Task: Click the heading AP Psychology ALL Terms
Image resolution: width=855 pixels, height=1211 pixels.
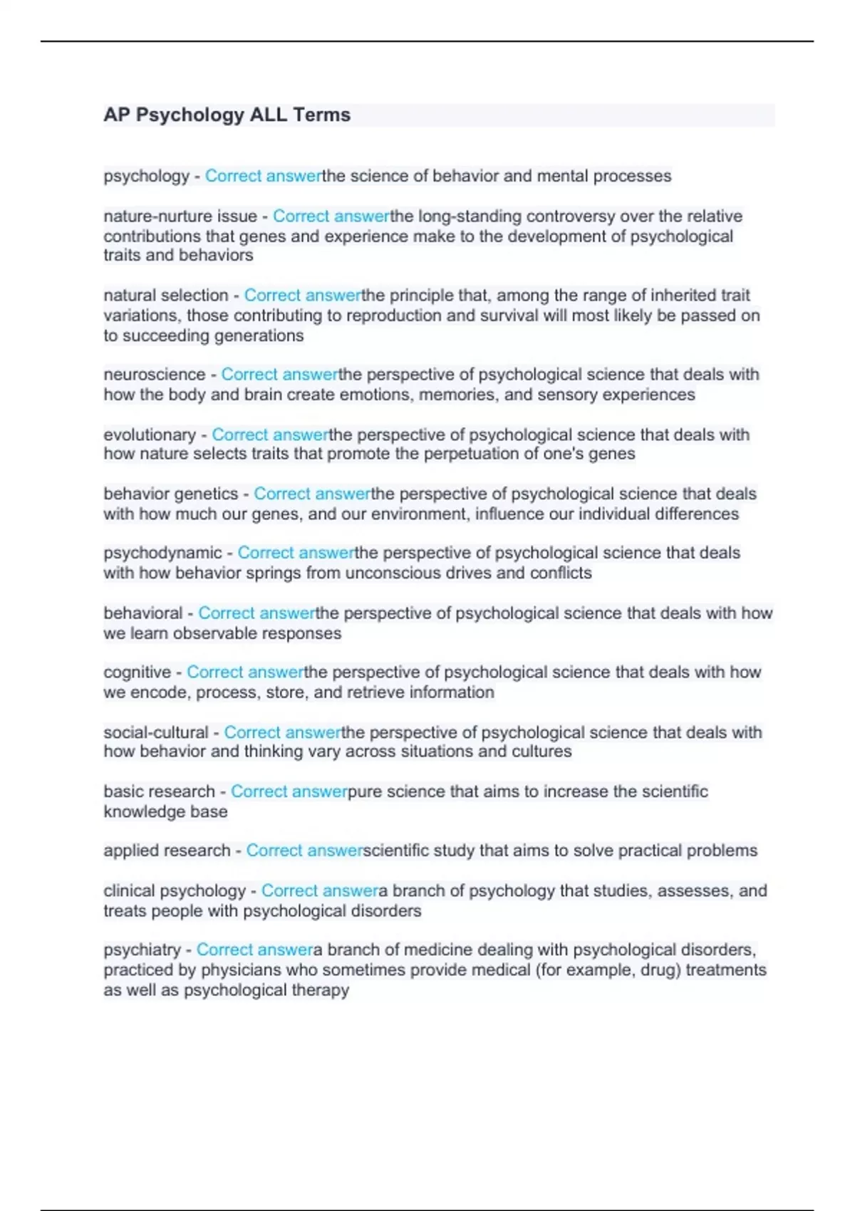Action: pos(227,115)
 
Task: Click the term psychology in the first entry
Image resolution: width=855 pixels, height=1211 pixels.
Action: pos(146,176)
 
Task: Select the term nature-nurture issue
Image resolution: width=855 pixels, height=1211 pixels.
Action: pos(180,216)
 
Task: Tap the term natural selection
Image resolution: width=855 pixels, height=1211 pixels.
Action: pos(165,295)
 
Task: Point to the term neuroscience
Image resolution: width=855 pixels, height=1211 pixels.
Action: pos(154,374)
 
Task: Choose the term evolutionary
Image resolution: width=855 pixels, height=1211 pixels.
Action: pos(150,435)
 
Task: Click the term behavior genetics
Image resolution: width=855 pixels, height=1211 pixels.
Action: pos(170,494)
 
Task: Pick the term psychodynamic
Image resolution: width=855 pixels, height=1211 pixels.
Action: pos(162,553)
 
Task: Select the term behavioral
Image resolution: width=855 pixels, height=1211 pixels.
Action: pos(142,613)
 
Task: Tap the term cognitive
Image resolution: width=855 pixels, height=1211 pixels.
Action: pos(137,672)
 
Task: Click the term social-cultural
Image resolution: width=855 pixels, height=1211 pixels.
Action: pos(155,732)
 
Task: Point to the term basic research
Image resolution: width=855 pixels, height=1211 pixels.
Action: pos(159,791)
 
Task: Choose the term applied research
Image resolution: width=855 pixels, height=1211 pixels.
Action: pos(167,851)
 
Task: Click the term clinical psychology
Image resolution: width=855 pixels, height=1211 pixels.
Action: pos(174,890)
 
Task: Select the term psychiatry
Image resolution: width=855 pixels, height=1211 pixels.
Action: pos(142,950)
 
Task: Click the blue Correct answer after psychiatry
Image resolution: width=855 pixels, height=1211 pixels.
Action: pos(254,950)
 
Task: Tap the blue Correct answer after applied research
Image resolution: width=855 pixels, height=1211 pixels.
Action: pos(304,851)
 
